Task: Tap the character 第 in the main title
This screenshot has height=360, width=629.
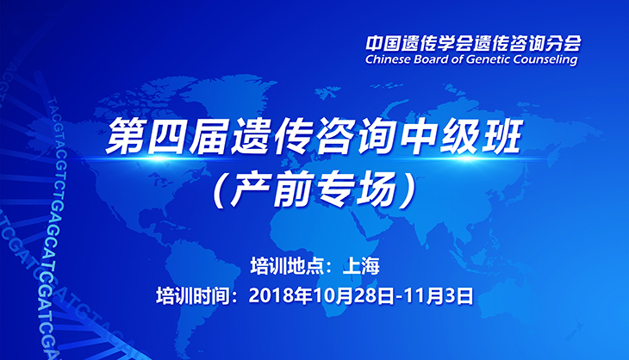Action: click(x=125, y=135)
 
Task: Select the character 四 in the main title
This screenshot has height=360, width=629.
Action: click(x=166, y=135)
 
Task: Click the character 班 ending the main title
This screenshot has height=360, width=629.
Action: click(x=501, y=135)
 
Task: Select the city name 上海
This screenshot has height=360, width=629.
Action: click(x=361, y=266)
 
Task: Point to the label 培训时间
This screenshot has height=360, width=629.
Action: click(x=192, y=296)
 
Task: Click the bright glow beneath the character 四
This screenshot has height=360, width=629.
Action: click(x=160, y=158)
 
